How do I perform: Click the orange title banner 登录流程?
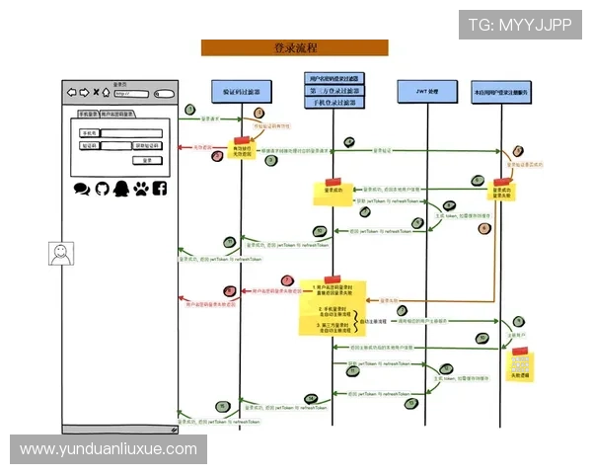tap(294, 47)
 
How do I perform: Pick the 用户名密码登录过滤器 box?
tap(333, 77)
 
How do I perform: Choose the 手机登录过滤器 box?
tap(333, 102)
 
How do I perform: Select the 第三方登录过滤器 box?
tap(333, 90)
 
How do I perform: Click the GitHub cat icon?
tap(102, 188)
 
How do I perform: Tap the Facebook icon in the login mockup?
tap(159, 188)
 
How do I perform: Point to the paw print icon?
tap(140, 188)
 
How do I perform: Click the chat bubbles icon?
tap(82, 188)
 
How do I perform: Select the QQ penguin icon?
tap(120, 188)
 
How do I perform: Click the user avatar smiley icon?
tap(61, 253)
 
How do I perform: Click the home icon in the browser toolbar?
tap(107, 93)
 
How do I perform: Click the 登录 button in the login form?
tap(146, 159)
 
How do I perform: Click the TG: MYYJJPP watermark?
tap(520, 24)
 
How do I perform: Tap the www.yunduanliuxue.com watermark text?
tap(109, 449)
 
